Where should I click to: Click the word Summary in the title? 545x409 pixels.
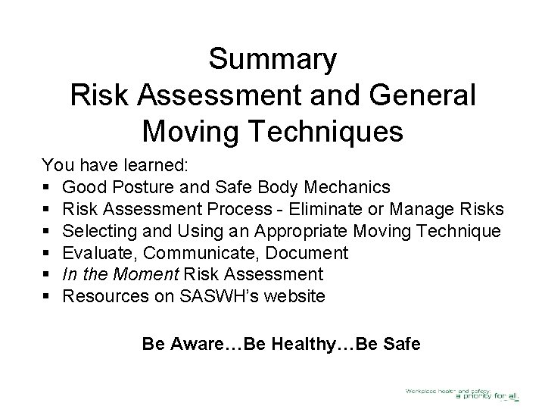272,60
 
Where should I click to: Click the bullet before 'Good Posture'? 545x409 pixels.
47,187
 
